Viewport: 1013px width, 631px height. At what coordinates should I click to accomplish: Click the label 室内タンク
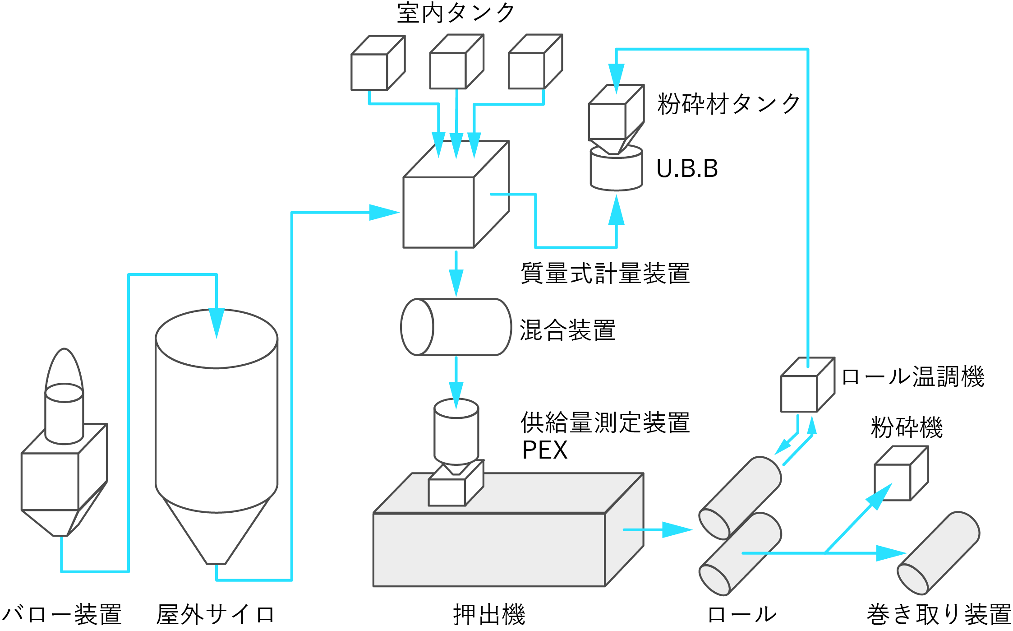coord(456,13)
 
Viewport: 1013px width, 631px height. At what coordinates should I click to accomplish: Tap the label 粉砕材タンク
coord(729,104)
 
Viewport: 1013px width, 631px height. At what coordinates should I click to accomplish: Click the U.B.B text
coord(687,169)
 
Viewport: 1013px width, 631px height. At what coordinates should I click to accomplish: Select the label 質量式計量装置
coord(605,274)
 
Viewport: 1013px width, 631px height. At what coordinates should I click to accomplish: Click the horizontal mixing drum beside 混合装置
coord(456,327)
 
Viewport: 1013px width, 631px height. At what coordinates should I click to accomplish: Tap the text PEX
coord(544,450)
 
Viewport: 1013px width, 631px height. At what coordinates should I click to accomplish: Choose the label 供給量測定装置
coord(605,423)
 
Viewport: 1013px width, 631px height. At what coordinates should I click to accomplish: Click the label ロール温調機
coord(912,377)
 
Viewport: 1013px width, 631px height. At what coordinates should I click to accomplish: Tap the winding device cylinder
coord(938,553)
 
